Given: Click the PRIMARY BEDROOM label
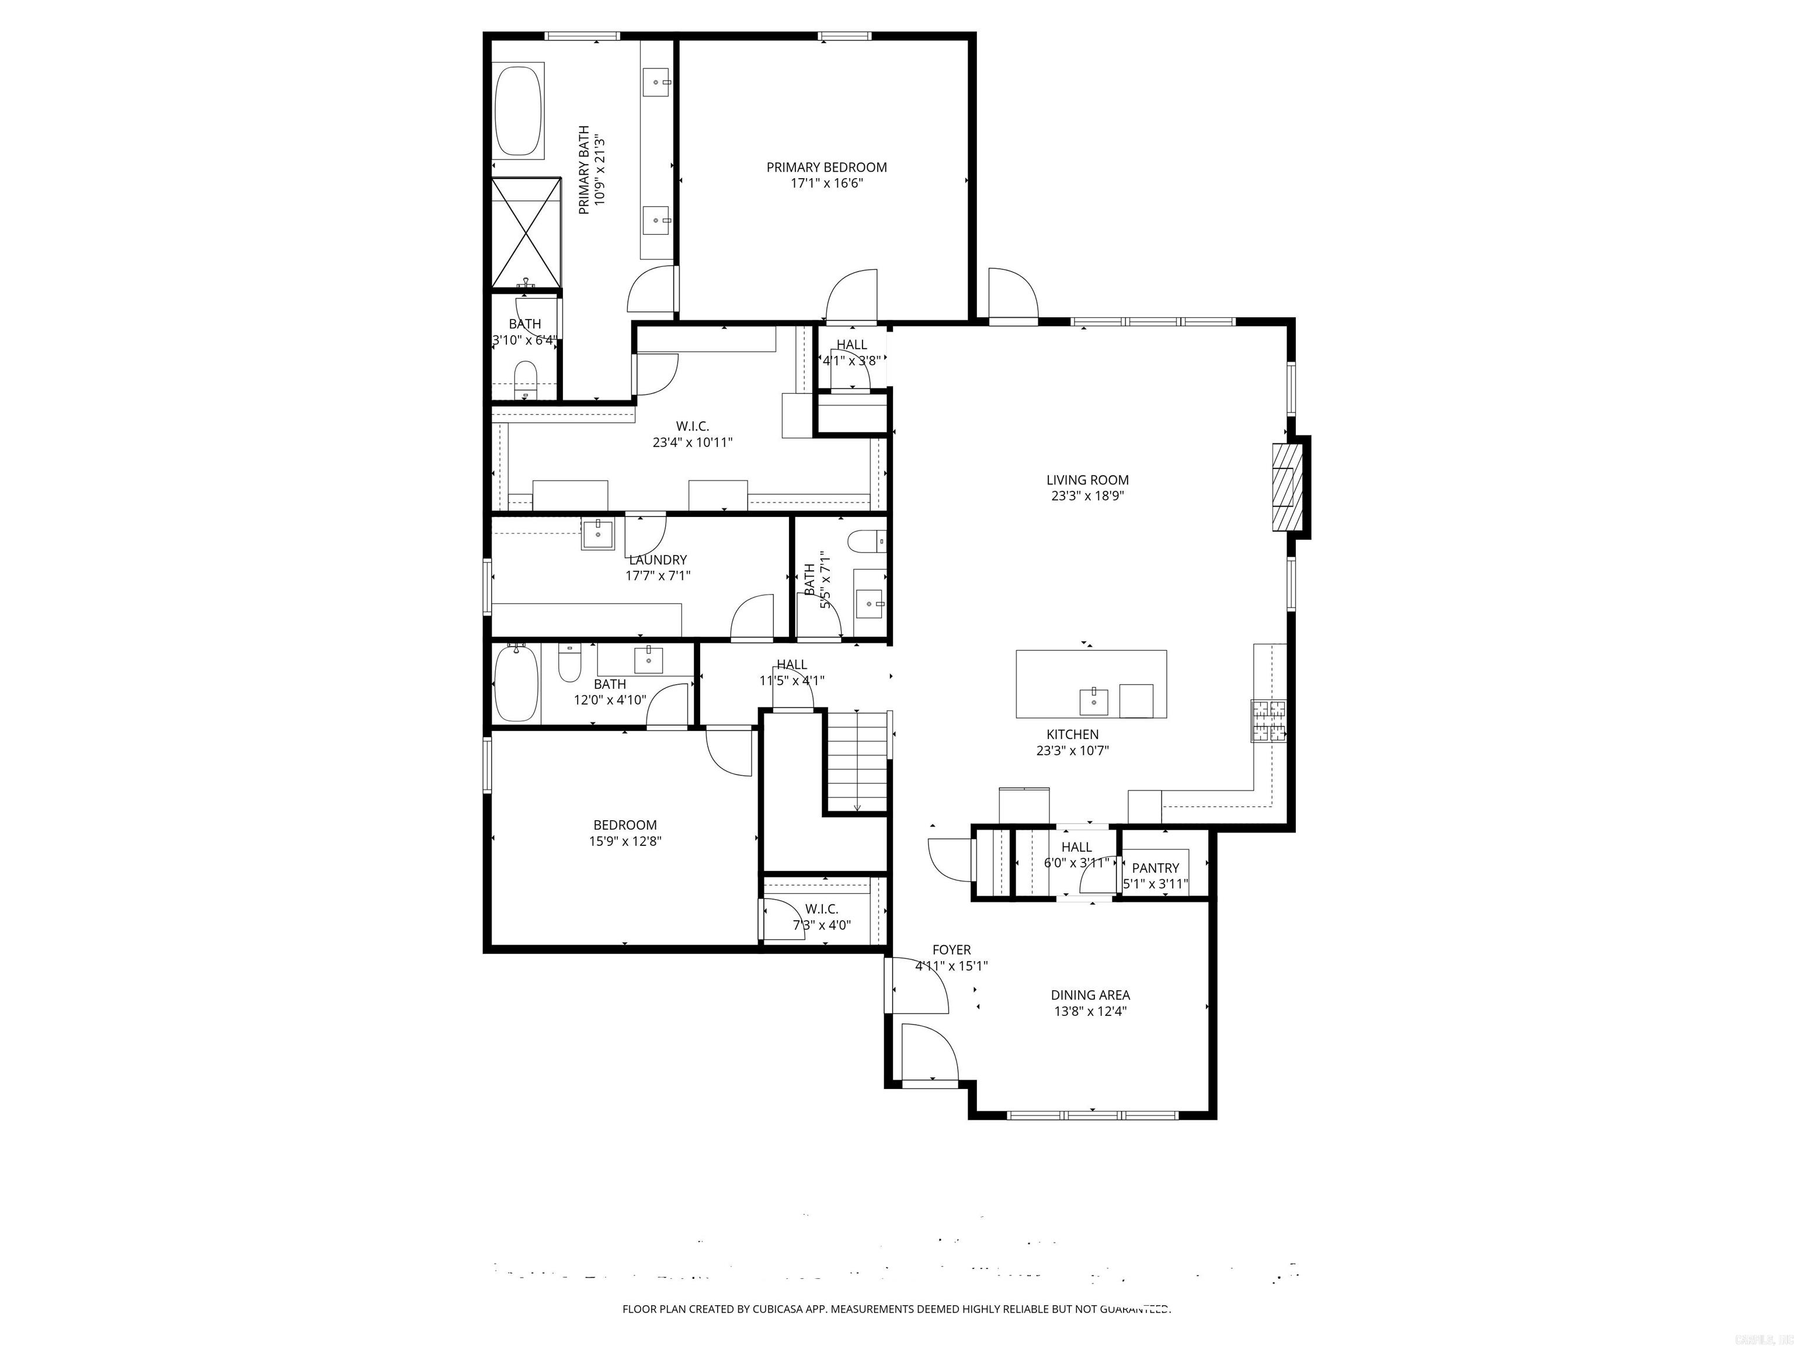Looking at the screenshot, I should pyautogui.click(x=826, y=167).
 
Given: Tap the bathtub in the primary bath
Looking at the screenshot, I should pyautogui.click(x=519, y=111).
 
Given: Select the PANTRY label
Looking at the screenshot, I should pyautogui.click(x=1155, y=868).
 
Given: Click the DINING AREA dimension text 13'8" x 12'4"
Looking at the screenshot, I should pyautogui.click(x=1090, y=1011).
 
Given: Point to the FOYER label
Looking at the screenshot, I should pyautogui.click(x=951, y=949).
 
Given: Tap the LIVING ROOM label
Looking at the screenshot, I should pyautogui.click(x=1087, y=480).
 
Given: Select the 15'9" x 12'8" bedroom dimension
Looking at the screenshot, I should pyautogui.click(x=624, y=841).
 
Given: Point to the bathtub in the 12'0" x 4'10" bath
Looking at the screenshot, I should pyautogui.click(x=516, y=683).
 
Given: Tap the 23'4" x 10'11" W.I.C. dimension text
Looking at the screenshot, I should pyautogui.click(x=692, y=442).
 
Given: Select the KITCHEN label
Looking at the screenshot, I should pyautogui.click(x=1072, y=734).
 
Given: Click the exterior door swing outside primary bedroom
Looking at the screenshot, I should pyautogui.click(x=1012, y=294).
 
